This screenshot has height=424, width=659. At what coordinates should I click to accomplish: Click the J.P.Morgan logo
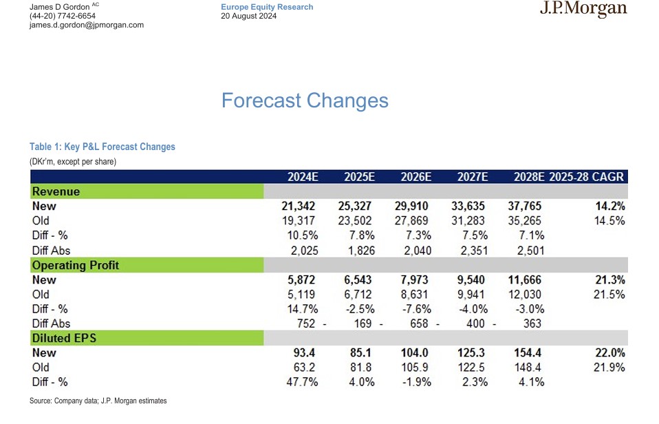pyautogui.click(x=583, y=9)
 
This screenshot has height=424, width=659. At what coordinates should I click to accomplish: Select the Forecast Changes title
pyautogui.click(x=305, y=100)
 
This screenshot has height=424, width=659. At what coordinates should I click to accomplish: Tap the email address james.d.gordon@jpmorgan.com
pyautogui.click(x=87, y=25)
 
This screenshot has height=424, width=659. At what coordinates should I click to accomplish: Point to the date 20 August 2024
pyautogui.click(x=249, y=16)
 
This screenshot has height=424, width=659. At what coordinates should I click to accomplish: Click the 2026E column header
pyautogui.click(x=415, y=177)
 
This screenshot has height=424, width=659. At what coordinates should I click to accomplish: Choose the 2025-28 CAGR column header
pyautogui.click(x=586, y=177)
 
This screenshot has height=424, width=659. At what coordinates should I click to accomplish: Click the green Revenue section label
pyautogui.click(x=147, y=191)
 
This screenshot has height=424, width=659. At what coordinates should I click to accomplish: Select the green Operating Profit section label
pyautogui.click(x=147, y=265)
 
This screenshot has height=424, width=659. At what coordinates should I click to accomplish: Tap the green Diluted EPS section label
pyautogui.click(x=147, y=338)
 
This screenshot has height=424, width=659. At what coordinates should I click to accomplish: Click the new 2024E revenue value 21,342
pyautogui.click(x=299, y=206)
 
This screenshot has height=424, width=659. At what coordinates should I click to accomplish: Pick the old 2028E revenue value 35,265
pyautogui.click(x=524, y=221)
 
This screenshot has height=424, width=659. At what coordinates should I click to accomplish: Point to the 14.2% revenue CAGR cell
pyautogui.click(x=610, y=206)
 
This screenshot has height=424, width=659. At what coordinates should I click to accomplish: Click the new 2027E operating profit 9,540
pyautogui.click(x=468, y=279)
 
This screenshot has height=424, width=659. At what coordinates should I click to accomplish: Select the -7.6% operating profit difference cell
pyautogui.click(x=417, y=309)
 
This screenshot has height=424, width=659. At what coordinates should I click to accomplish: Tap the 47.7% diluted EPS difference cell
pyautogui.click(x=302, y=382)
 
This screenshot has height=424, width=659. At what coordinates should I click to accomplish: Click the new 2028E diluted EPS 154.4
pyautogui.click(x=528, y=352)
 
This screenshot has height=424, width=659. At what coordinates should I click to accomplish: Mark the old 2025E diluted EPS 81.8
pyautogui.click(x=361, y=368)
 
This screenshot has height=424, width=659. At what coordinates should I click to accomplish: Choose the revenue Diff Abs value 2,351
pyautogui.click(x=474, y=251)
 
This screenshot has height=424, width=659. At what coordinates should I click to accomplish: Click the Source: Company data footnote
pyautogui.click(x=98, y=401)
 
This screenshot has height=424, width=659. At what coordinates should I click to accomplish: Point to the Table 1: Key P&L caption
pyautogui.click(x=102, y=147)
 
